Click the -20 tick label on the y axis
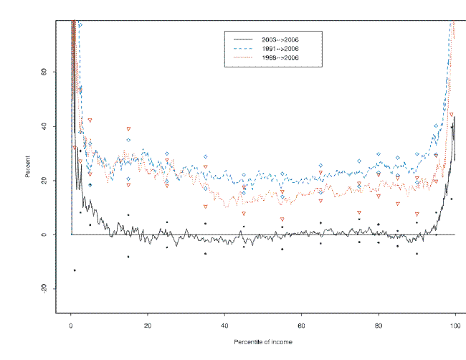tap(43, 288)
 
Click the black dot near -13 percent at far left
tap(74, 270)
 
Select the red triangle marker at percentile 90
tap(417, 214)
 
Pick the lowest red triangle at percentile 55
tap(282, 219)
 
